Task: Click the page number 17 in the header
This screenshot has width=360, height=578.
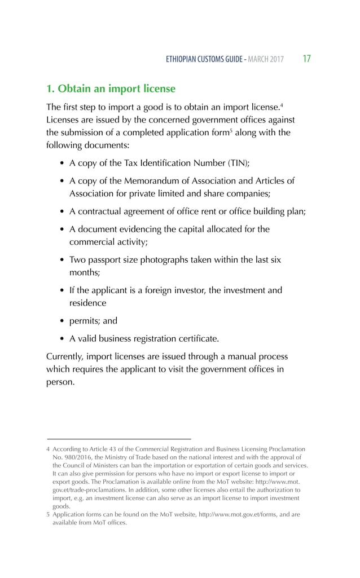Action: (308, 59)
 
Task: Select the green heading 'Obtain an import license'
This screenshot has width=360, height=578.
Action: (111, 89)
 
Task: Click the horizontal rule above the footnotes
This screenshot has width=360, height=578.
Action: (118, 439)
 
